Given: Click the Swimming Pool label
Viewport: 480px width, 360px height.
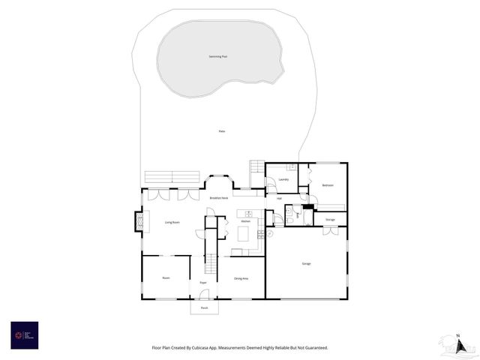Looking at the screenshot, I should click(219, 57).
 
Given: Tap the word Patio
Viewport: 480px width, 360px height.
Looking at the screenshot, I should click(221, 131).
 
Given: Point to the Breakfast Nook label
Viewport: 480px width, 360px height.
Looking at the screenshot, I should click(219, 197).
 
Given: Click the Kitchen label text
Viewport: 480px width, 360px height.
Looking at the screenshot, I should click(245, 221).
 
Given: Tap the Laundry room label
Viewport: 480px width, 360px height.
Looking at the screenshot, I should click(283, 179).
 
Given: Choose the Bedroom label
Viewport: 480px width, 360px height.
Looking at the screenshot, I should click(328, 185).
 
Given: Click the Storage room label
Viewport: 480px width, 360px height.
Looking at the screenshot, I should click(330, 219).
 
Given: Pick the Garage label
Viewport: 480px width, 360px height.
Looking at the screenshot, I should click(307, 263).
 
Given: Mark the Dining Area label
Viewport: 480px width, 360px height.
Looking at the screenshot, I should click(241, 278).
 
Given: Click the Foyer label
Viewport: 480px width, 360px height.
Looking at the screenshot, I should click(202, 283).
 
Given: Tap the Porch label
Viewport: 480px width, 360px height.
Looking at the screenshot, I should click(204, 307).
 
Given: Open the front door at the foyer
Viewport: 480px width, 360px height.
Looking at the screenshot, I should click(204, 295).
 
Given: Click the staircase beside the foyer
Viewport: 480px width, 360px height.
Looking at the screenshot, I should click(211, 264).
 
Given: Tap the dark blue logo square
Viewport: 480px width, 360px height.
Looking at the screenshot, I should click(24, 334).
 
